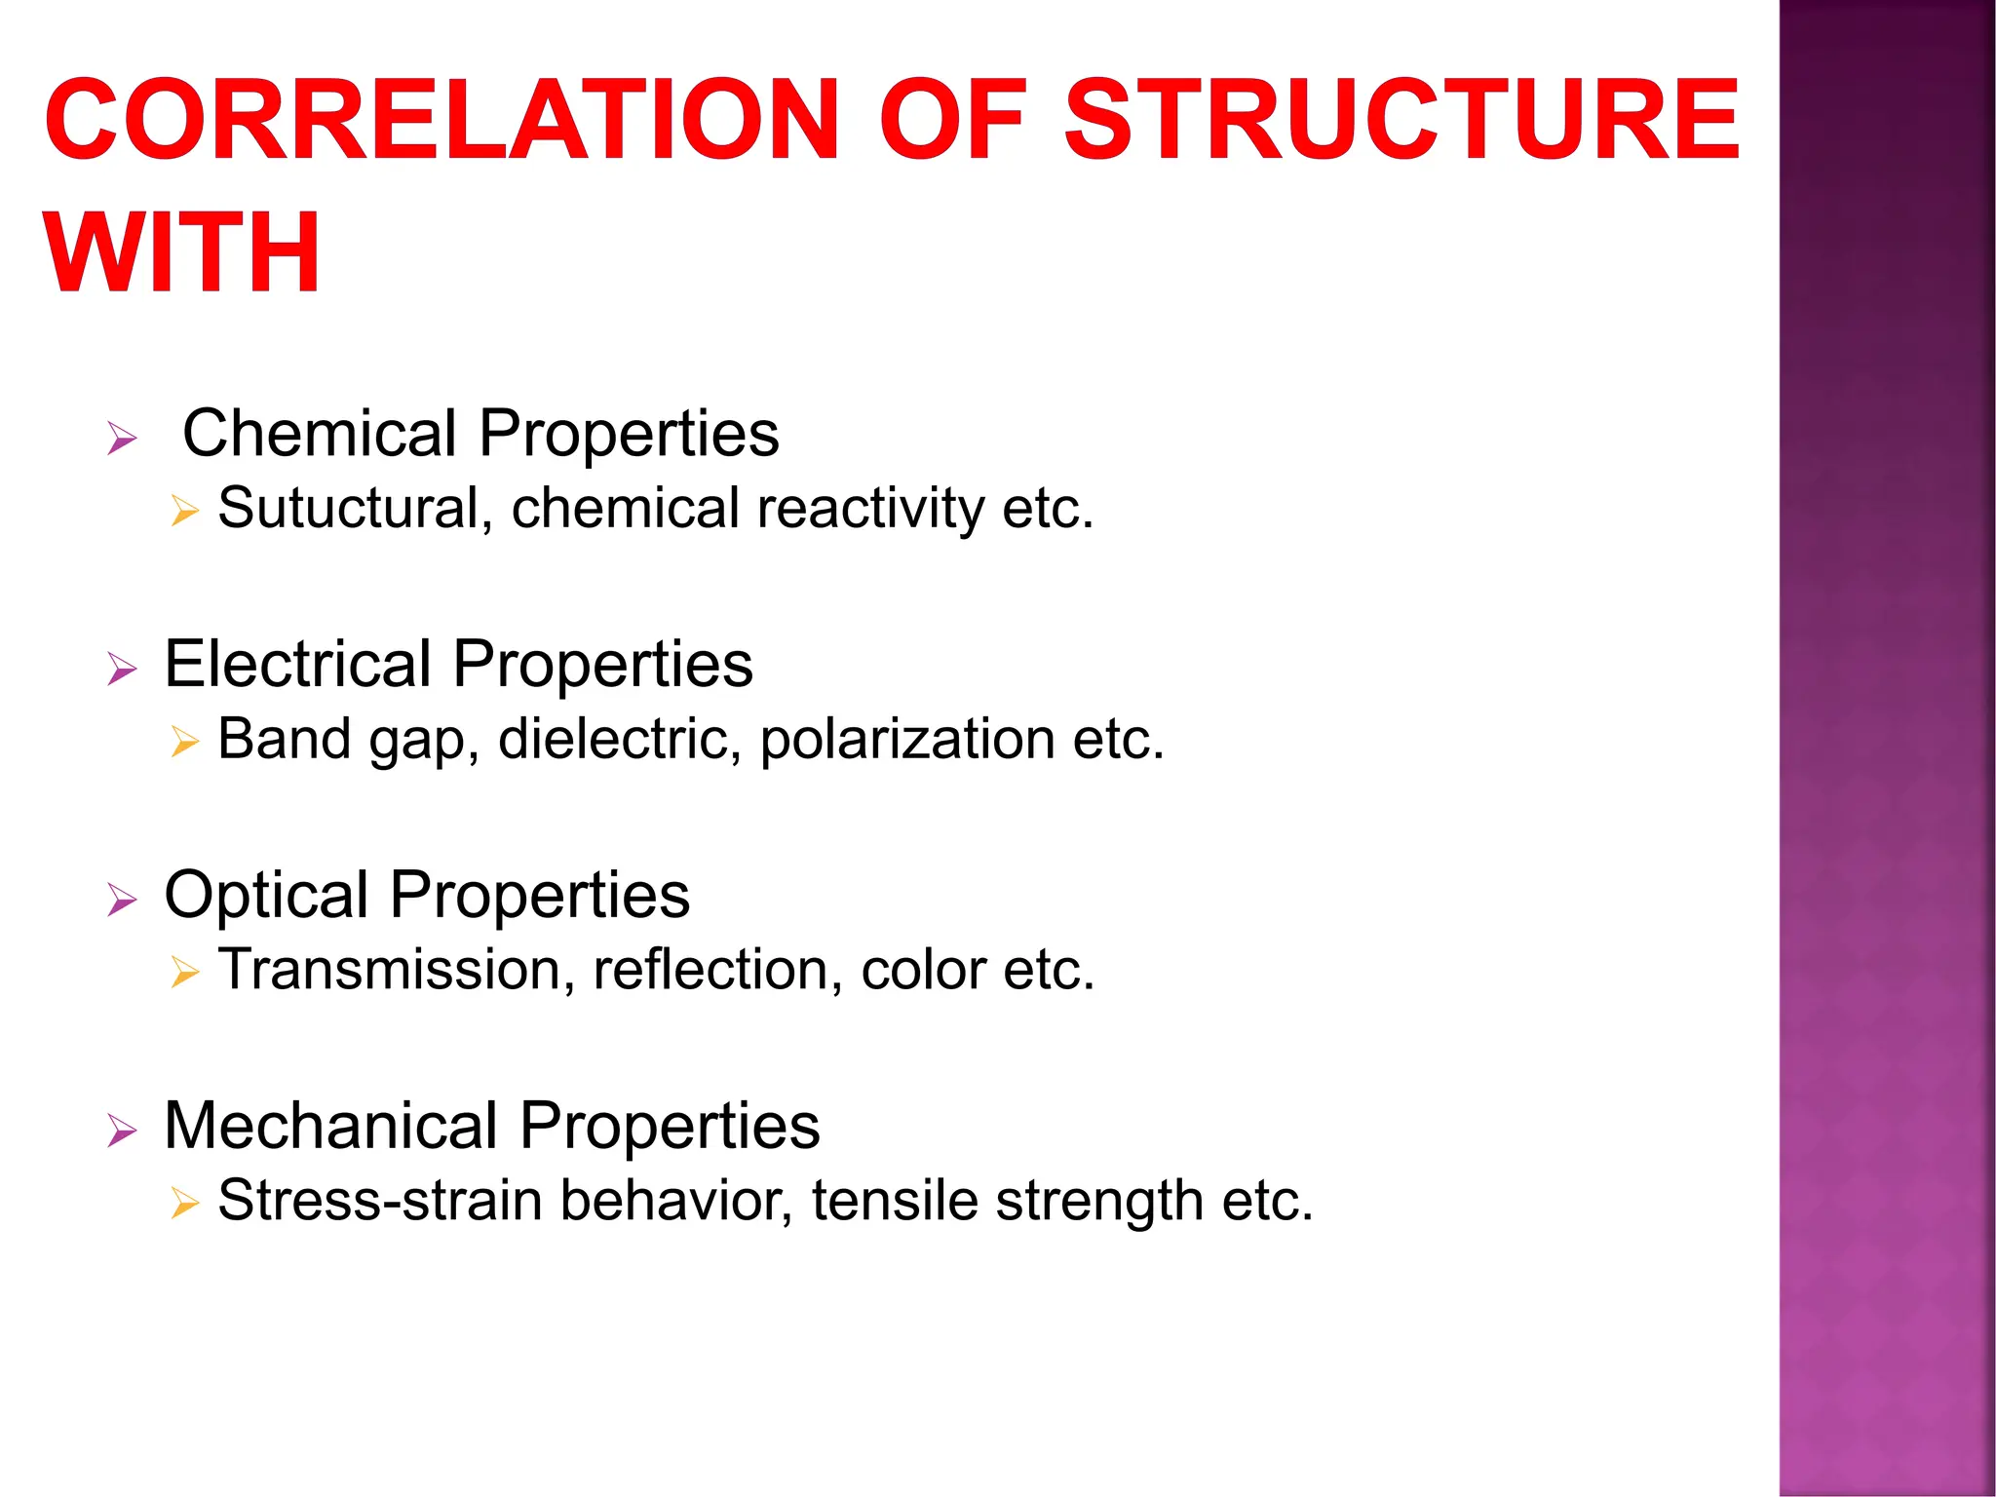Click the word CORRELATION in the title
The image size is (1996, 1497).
[441, 120]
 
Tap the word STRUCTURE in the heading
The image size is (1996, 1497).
[1401, 120]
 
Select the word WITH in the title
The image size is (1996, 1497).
[182, 253]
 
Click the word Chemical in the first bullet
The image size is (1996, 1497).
[319, 433]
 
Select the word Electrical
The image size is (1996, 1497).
[297, 664]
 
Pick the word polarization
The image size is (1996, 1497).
[906, 739]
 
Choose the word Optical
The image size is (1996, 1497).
[266, 895]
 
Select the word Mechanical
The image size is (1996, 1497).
[330, 1126]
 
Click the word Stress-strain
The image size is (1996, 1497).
[379, 1200]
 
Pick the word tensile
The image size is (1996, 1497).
[895, 1200]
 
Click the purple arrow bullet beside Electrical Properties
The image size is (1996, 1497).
[122, 669]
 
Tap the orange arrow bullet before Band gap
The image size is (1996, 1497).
[183, 742]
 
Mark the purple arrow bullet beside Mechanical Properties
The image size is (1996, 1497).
[122, 1131]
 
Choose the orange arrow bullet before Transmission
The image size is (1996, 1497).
[183, 973]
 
